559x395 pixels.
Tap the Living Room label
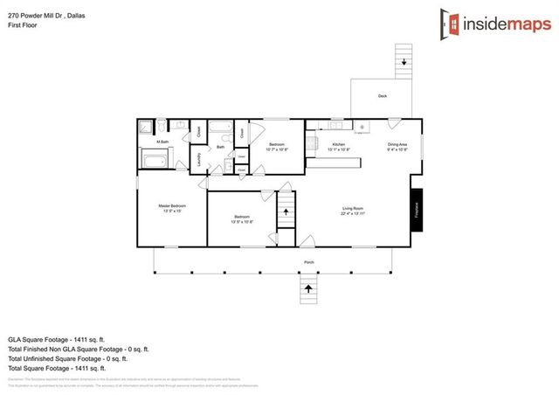click(353, 207)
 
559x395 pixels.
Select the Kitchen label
click(339, 143)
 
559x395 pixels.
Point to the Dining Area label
click(397, 143)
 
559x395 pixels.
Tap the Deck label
click(383, 95)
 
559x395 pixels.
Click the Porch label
click(309, 262)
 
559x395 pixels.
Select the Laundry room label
click(198, 158)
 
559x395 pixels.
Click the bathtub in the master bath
click(155, 160)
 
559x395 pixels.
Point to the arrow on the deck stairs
click(404, 61)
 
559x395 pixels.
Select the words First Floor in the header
click(24, 25)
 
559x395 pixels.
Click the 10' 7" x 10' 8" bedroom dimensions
click(276, 149)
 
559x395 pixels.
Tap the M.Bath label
click(162, 142)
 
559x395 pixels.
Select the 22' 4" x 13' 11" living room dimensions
click(353, 212)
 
